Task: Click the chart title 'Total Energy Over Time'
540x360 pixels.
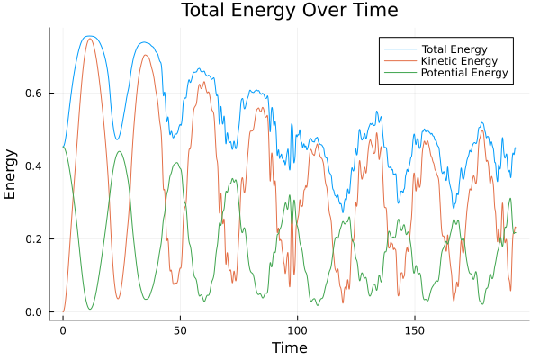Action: (269, 11)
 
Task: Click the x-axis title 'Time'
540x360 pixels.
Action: (289, 347)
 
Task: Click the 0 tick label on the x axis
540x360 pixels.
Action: (63, 330)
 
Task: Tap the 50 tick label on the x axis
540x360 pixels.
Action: (180, 330)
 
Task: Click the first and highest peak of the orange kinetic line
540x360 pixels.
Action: (90, 38)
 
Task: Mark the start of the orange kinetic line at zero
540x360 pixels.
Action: (63, 312)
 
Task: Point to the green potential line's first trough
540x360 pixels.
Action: (90, 310)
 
